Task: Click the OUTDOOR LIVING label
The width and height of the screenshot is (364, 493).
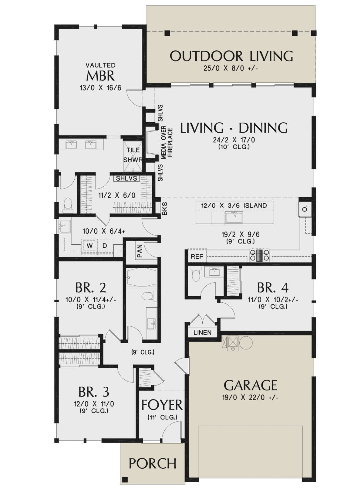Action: tap(231, 56)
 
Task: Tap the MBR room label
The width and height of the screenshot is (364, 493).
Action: tap(100, 76)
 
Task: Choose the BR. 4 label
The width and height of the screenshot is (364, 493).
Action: tap(273, 287)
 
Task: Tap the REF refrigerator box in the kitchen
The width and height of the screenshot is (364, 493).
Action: tap(197, 256)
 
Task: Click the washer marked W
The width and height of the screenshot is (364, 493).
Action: tap(89, 246)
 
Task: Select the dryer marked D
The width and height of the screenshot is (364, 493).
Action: tap(105, 246)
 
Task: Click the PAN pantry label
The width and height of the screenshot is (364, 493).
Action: tap(140, 253)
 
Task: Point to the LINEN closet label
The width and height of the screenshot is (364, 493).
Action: tap(202, 332)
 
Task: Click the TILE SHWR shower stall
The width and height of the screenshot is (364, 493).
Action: tap(133, 156)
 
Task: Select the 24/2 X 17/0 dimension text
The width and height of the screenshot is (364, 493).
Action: tap(234, 140)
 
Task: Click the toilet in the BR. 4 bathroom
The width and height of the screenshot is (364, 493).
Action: tap(196, 275)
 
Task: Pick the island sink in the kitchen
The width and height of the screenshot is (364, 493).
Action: tap(234, 217)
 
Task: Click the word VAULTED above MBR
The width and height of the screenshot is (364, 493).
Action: tap(101, 65)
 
